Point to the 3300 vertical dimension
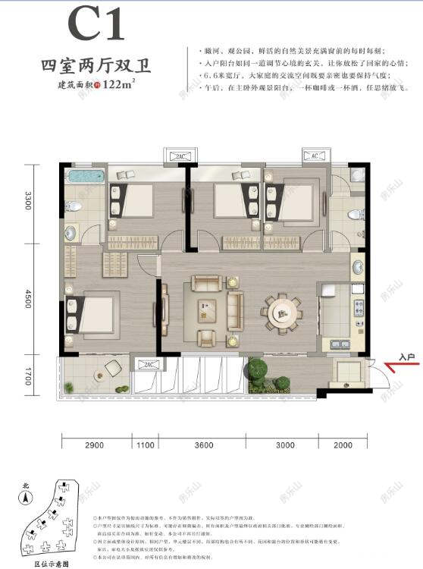28,202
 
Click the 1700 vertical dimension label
28,376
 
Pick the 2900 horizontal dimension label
96,445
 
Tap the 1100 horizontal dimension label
145,445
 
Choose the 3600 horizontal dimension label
203,445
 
